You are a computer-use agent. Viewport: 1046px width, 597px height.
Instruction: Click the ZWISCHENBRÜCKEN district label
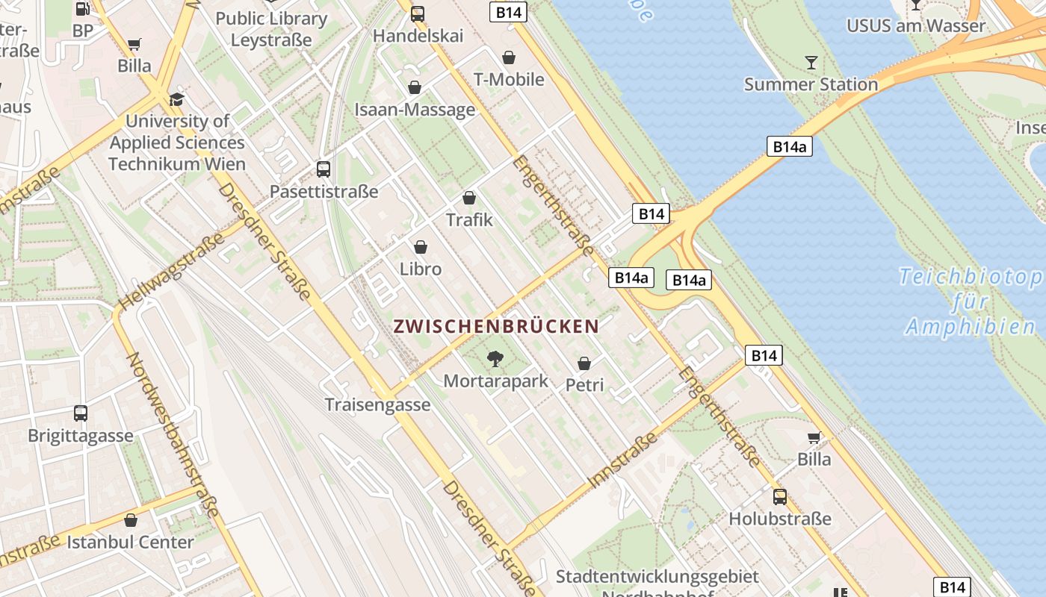(496, 326)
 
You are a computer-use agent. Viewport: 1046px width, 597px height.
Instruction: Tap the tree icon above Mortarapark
(495, 360)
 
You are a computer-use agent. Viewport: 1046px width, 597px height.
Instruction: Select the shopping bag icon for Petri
(584, 363)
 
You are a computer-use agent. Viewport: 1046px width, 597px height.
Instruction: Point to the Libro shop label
(421, 269)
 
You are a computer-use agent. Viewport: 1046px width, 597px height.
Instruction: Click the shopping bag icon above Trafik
(469, 198)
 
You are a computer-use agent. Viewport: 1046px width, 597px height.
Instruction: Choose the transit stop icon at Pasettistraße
(324, 169)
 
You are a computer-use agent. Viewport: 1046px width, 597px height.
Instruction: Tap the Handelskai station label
(418, 36)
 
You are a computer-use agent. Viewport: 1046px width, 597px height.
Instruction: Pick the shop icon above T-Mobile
(509, 57)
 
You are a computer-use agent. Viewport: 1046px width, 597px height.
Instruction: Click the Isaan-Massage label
(415, 110)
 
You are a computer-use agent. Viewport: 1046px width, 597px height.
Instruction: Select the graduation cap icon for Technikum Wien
(177, 99)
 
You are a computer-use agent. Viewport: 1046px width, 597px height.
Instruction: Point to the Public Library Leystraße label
(271, 28)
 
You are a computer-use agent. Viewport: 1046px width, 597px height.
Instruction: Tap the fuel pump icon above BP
(83, 10)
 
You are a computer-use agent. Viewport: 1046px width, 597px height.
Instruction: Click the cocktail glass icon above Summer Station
(811, 62)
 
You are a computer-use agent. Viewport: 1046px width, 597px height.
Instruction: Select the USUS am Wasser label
(915, 26)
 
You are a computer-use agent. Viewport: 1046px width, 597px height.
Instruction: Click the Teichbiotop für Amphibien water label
(971, 301)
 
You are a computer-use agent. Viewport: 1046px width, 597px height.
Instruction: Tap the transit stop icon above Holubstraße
(780, 496)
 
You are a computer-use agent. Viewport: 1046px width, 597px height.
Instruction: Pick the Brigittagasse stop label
(81, 436)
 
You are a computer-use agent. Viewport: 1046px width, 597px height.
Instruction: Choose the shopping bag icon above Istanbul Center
(131, 520)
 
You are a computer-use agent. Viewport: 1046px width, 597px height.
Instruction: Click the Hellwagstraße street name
(172, 272)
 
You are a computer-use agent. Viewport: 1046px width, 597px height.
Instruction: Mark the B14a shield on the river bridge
(789, 146)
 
